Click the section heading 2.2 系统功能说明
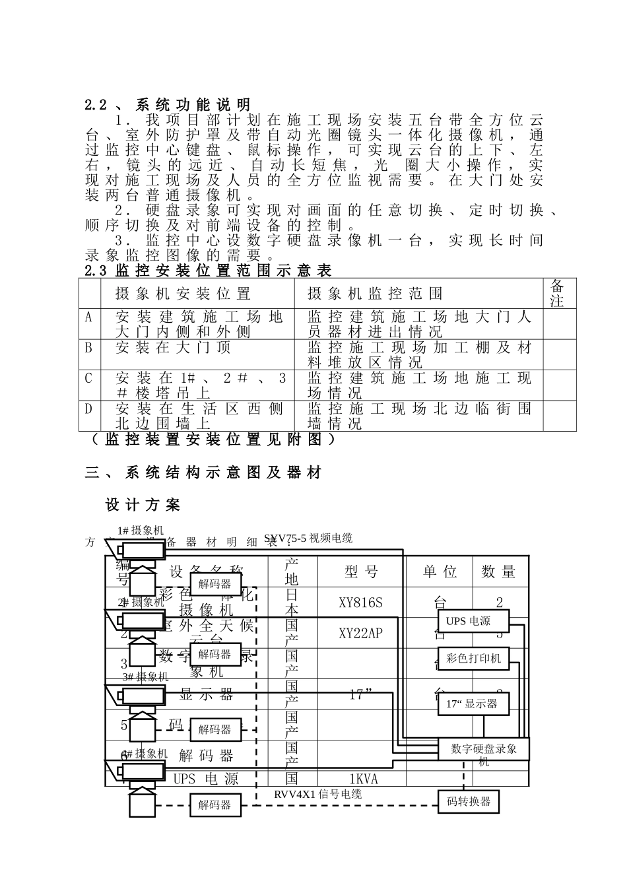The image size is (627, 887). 168,105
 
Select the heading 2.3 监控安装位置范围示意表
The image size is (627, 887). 208,271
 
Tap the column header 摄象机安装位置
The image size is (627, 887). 183,294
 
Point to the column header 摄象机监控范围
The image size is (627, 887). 375,294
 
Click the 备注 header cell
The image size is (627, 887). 557,293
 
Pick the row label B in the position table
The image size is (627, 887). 89,348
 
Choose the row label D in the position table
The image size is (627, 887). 89,409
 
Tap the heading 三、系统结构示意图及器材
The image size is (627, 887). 203,473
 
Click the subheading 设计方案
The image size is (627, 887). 143,506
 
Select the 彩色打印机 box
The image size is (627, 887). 473,658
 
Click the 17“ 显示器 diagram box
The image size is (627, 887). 471,704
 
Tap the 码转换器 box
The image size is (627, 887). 469,802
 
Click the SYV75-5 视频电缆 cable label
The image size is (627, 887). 308,539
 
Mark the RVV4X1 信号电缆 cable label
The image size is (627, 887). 317,794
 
